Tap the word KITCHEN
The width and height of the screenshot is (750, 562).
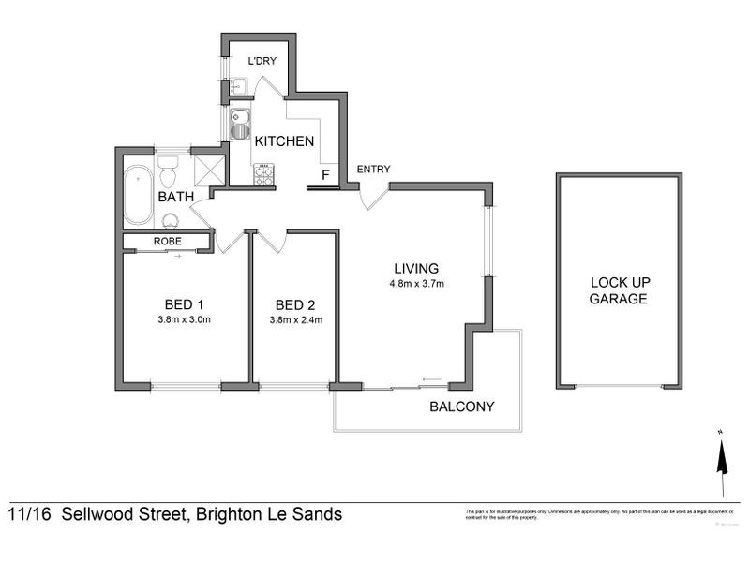click(284, 141)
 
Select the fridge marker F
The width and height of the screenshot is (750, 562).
click(325, 174)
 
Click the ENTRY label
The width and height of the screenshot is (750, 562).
click(373, 170)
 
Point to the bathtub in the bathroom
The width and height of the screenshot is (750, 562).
click(139, 194)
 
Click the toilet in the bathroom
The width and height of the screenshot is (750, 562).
click(169, 174)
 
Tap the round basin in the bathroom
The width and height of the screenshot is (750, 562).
click(170, 220)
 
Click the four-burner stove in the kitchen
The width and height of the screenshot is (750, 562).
click(263, 174)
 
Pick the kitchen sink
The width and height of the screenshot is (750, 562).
click(239, 123)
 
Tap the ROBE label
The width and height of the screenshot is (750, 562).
click(167, 243)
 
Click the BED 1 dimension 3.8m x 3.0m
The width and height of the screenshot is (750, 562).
click(185, 319)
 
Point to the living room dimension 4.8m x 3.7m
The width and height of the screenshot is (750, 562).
click(417, 284)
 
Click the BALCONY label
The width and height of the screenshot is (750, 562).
click(461, 407)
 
